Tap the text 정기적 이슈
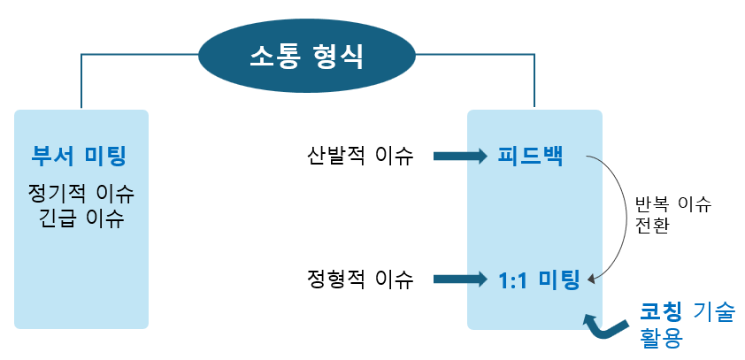tap(81, 192)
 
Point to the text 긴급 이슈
tap(81, 218)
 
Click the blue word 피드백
tap(530, 157)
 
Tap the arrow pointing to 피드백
tap(459, 157)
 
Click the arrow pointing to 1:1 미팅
tap(459, 280)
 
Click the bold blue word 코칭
tap(660, 310)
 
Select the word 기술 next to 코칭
tap(712, 310)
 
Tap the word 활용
tap(660, 336)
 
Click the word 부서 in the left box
tap(53, 157)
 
